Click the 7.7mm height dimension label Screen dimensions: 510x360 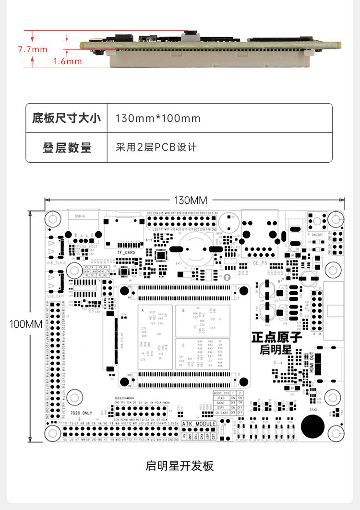[x=33, y=49]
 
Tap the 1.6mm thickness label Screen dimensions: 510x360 [x=68, y=61]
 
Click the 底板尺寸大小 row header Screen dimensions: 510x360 [x=67, y=118]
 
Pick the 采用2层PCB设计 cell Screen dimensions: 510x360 [x=156, y=147]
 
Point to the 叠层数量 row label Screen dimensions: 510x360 [x=67, y=147]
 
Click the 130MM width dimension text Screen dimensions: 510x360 [x=194, y=200]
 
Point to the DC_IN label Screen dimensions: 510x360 [x=293, y=249]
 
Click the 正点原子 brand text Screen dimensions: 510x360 [x=276, y=337]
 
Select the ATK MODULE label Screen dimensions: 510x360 [x=199, y=424]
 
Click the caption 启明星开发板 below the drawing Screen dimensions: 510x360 [x=180, y=466]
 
